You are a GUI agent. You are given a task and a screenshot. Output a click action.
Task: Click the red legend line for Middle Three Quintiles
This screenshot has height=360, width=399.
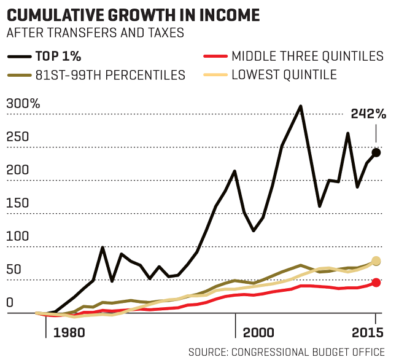pos(214,57)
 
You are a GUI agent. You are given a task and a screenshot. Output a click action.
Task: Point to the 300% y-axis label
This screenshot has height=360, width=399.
pos(23,103)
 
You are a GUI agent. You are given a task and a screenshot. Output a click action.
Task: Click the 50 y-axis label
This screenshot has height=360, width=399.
pos(15,270)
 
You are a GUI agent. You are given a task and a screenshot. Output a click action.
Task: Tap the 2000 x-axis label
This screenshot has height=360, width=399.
pos(258,332)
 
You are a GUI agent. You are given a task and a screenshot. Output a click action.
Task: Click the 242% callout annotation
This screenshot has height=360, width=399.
pos(368,114)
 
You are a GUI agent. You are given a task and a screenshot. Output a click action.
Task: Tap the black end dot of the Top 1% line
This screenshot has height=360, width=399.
pos(376,152)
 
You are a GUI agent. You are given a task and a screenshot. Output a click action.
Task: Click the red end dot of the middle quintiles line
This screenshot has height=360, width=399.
pos(376,283)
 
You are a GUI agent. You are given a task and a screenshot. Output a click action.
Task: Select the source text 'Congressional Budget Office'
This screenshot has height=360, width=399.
pos(309,351)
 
